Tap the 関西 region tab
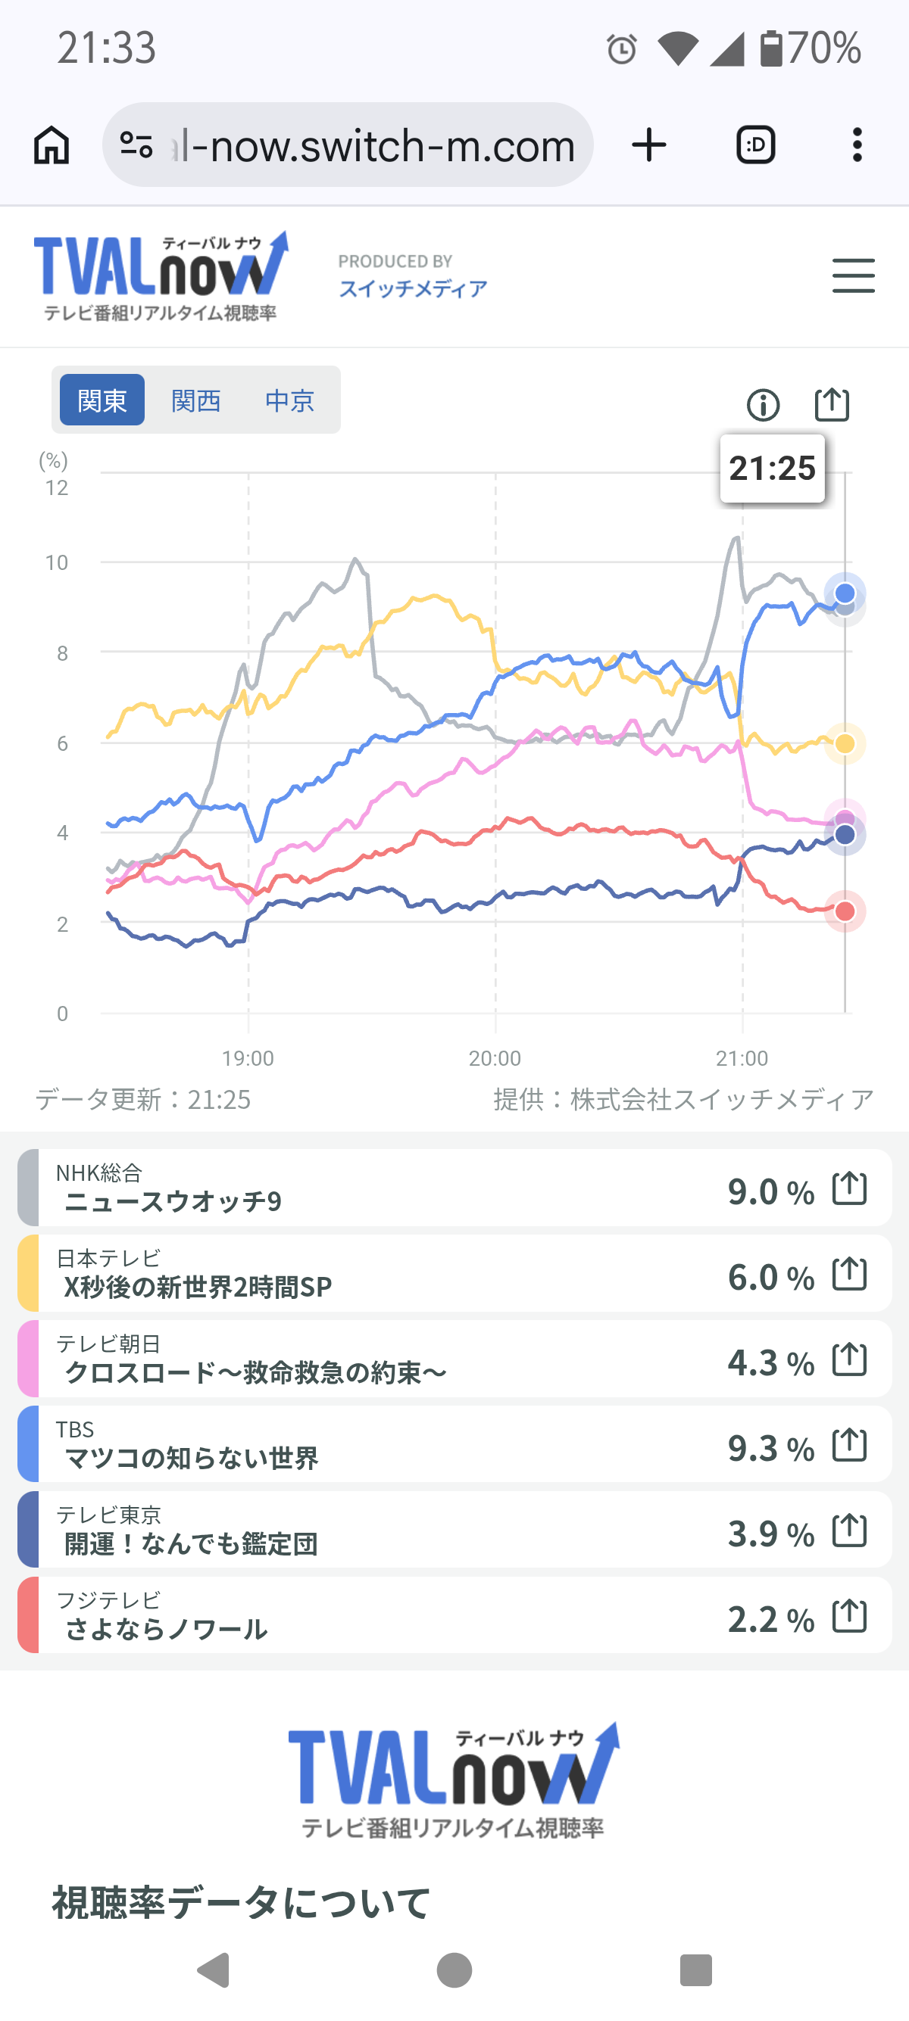tap(195, 401)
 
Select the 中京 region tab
tap(289, 401)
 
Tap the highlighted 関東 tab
tap(102, 400)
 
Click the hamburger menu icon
tap(853, 276)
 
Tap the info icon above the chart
tap(763, 405)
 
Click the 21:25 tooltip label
tap(773, 469)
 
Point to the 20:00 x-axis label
tap(495, 1058)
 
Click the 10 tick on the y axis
tap(57, 562)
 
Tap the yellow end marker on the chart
tap(845, 743)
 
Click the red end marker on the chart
tap(845, 911)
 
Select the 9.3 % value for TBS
tap(771, 1448)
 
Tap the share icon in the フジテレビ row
tap(849, 1616)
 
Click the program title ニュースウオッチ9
tap(173, 1201)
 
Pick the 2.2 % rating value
tap(771, 1619)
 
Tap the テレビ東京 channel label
tap(108, 1514)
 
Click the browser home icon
tap(52, 145)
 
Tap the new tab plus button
tap(649, 145)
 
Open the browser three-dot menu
tap(857, 145)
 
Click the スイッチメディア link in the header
tap(413, 288)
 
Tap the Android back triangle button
tap(214, 1970)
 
